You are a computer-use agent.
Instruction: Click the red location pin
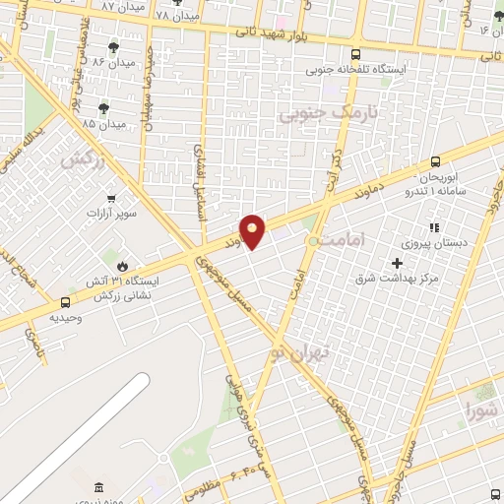[253, 230]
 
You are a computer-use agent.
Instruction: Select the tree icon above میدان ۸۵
[103, 108]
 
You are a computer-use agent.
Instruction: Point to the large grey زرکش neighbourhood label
[83, 157]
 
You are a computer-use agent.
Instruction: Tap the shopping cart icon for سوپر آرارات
[111, 197]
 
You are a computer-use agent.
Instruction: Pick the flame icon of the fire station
[122, 266]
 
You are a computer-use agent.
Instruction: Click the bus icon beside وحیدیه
[65, 303]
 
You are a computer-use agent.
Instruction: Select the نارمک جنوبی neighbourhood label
[314, 114]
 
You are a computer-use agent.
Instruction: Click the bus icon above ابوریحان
[435, 163]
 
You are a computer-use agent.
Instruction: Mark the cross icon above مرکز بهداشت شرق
[397, 263]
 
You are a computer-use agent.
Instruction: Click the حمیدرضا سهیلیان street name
[146, 84]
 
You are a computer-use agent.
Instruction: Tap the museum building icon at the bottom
[97, 489]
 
